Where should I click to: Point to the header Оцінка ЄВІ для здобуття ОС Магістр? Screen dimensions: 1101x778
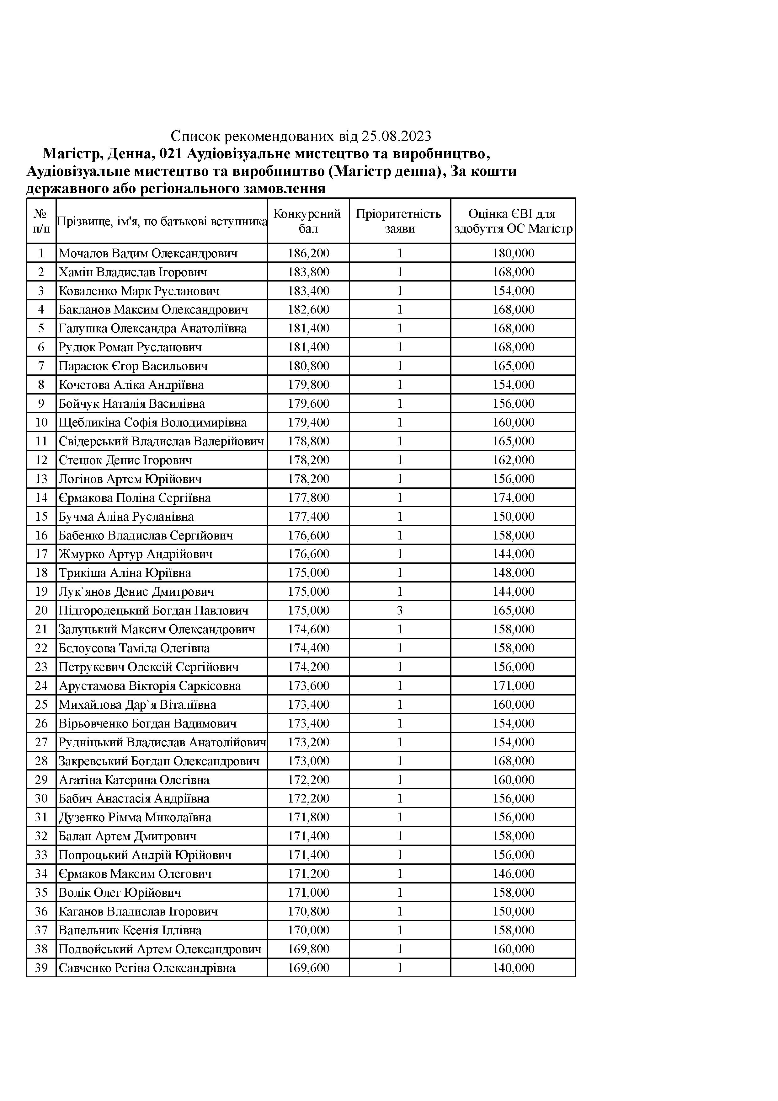513,221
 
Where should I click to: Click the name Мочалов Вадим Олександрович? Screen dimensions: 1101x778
148,253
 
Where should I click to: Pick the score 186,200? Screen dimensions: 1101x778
308,253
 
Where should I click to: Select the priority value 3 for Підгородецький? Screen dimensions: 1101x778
400,610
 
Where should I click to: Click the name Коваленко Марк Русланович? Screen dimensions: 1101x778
139,291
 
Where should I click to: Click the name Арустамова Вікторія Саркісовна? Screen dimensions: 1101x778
150,686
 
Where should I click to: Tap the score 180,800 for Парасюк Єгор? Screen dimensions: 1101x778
308,366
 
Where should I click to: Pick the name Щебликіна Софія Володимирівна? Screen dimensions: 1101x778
152,422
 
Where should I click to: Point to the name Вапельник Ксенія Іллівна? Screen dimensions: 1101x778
130,930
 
